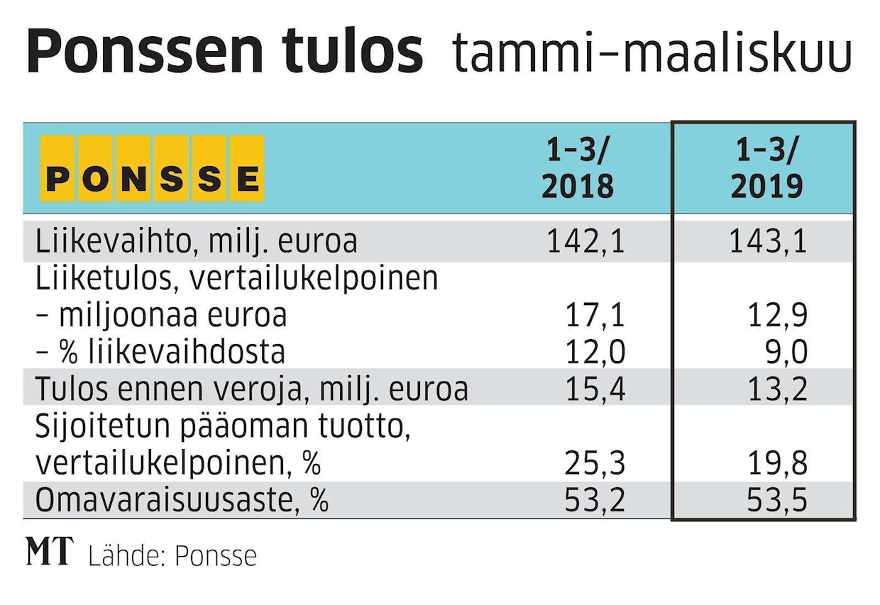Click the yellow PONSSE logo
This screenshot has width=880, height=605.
[x=152, y=168]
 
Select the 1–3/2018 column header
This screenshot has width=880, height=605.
[x=577, y=168]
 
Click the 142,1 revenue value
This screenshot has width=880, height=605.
[x=585, y=242]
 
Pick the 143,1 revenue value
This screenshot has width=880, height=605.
[x=768, y=242]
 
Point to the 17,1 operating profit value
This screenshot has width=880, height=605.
[x=595, y=315]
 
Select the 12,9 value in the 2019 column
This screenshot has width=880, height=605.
[x=777, y=315]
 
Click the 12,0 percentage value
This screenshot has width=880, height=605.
[x=595, y=352]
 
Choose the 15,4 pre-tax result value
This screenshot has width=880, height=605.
[x=595, y=389]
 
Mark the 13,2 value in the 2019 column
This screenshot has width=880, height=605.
[x=777, y=389]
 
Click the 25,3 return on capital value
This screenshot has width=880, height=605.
[x=595, y=464]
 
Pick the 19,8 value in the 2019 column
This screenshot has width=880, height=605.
[x=777, y=464]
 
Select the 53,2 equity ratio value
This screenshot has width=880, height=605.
[x=595, y=501]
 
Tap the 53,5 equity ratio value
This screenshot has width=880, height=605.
[x=777, y=501]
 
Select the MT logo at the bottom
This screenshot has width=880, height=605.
[x=49, y=552]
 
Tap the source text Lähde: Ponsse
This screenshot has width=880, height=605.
[x=172, y=555]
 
